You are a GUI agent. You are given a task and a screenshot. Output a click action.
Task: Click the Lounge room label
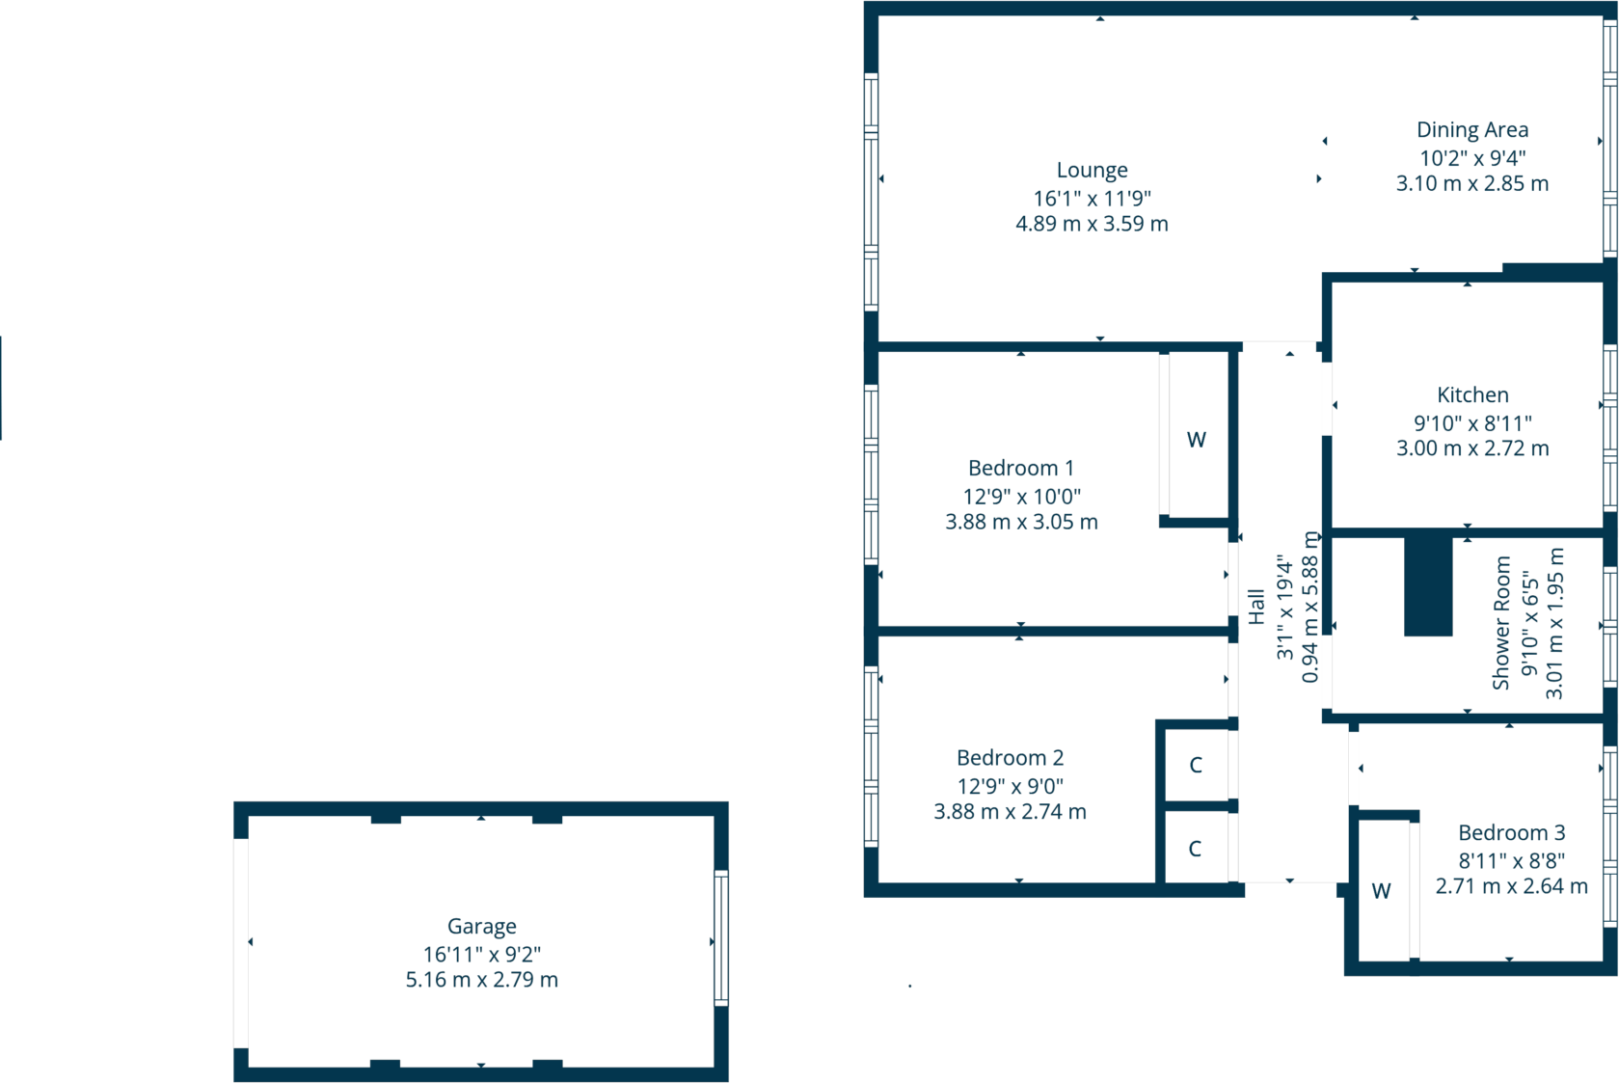[x=1092, y=171]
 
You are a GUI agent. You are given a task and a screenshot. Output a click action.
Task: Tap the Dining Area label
[x=1471, y=130]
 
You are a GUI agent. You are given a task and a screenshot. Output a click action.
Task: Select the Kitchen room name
[x=1471, y=395]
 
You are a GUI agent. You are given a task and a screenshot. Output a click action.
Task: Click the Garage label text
[x=481, y=927]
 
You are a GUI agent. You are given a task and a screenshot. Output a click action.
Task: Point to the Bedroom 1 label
[x=1020, y=469]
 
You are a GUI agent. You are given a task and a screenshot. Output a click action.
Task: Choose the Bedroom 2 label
[x=1010, y=758]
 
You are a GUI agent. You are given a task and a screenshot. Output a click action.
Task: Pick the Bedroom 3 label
[x=1511, y=833]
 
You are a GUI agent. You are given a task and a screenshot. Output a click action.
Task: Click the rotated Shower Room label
[x=1500, y=623]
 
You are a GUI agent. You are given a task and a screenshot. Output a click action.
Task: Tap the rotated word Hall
[x=1255, y=607]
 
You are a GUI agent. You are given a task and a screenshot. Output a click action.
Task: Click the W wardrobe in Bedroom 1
[x=1196, y=440]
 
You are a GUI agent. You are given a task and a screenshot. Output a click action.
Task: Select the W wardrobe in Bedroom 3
[x=1381, y=891]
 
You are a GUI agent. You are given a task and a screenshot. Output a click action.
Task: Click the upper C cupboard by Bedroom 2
[x=1196, y=766]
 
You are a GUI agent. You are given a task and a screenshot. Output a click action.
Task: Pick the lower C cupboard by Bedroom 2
[x=1195, y=849]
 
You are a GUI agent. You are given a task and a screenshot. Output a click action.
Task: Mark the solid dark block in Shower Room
[x=1427, y=585]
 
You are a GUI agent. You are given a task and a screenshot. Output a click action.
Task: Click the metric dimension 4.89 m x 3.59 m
[x=1092, y=224]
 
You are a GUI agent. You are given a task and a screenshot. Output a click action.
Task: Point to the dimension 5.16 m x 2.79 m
[x=481, y=980]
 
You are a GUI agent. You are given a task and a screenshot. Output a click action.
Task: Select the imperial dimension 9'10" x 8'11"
[x=1471, y=423]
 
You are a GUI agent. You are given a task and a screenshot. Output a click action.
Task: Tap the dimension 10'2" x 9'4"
[x=1471, y=158]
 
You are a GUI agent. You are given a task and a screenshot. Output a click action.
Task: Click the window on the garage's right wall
[x=720, y=938]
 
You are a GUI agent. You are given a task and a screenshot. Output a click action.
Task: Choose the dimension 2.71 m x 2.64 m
[x=1511, y=886]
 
